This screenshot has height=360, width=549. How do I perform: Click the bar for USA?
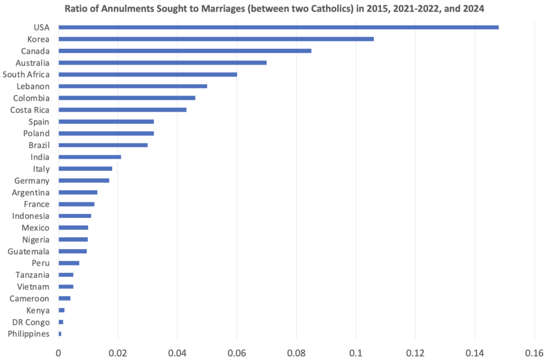click(278, 27)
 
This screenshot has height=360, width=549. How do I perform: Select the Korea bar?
click(216, 39)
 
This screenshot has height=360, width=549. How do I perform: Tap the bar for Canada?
click(185, 51)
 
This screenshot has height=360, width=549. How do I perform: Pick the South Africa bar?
click(148, 75)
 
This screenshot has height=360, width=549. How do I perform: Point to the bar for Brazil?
click(103, 145)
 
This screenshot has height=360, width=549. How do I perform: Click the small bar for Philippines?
click(60, 334)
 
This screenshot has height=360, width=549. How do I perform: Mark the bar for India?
click(90, 157)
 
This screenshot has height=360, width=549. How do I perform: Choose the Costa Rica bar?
click(123, 110)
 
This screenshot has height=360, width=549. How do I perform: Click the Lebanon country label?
click(33, 86)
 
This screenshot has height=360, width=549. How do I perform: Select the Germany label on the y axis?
click(32, 181)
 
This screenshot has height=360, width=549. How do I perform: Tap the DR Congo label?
click(31, 322)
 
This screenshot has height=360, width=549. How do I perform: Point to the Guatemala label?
click(28, 251)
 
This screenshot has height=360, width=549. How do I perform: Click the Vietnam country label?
click(33, 286)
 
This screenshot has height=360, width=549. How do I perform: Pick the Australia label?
click(33, 63)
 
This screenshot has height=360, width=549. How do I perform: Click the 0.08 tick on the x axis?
click(296, 352)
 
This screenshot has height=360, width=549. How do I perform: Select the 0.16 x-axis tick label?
click(535, 352)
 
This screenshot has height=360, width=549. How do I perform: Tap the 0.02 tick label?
click(117, 352)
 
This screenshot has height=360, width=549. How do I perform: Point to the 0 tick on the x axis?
click(58, 352)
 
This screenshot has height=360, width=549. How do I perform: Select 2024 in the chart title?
click(474, 9)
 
